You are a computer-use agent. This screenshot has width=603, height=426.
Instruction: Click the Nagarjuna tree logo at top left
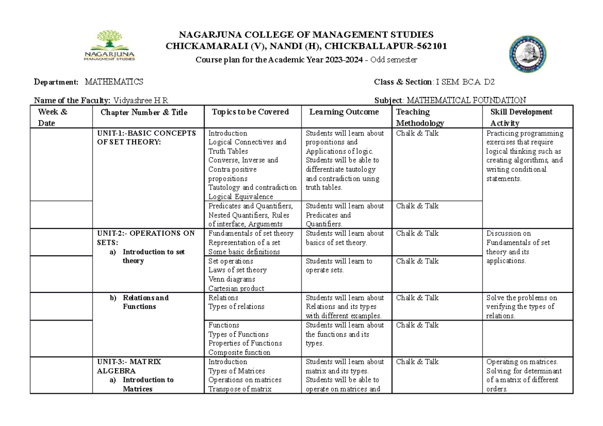coord(109,45)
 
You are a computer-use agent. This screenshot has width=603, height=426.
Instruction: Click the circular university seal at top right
coord(531,54)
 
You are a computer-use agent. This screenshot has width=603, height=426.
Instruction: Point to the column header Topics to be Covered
coord(250,112)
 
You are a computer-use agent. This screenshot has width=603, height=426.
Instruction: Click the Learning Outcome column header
coord(344,112)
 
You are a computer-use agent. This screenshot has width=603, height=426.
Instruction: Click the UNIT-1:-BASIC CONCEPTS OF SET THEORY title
coord(147,138)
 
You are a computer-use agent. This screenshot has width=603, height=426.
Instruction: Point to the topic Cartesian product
coord(236,288)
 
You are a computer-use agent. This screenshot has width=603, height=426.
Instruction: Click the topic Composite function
coord(239,353)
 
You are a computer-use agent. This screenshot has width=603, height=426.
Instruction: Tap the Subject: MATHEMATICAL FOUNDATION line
coord(450,100)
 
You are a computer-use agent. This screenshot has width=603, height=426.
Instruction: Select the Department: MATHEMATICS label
coord(88,82)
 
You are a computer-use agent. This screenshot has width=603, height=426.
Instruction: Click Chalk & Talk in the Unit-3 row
coord(417,362)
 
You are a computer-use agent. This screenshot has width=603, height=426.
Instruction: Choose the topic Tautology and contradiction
coord(252,187)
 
